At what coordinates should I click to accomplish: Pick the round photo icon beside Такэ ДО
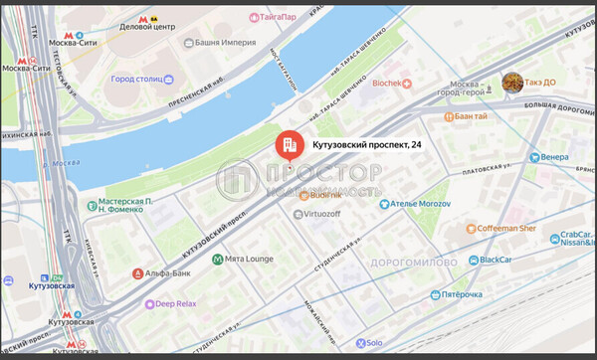pyautogui.click(x=512, y=83)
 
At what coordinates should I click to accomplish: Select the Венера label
pyautogui.click(x=554, y=157)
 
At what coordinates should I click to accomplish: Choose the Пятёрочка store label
pyautogui.click(x=462, y=294)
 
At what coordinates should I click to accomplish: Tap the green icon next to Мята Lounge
pyautogui.click(x=218, y=260)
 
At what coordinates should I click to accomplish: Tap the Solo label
pyautogui.click(x=373, y=342)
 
